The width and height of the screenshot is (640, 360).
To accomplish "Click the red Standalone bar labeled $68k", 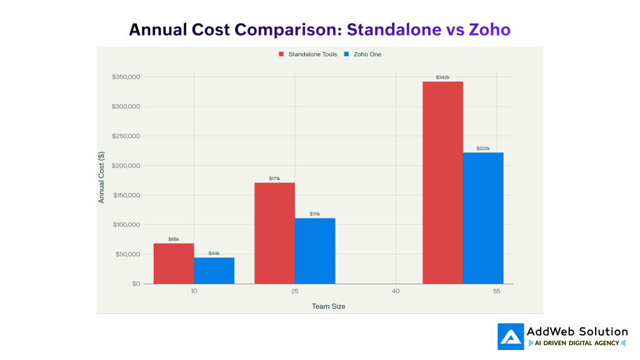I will click(173, 263).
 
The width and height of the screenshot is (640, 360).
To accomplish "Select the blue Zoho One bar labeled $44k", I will click(214, 270).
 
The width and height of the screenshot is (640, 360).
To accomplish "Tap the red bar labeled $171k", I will click(274, 232).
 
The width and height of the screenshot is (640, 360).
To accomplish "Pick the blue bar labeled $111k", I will click(315, 251).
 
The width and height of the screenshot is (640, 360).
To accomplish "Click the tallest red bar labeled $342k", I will click(442, 182).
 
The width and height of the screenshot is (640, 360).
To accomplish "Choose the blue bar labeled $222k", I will click(483, 217).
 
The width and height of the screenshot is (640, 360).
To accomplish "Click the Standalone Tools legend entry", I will click(308, 54).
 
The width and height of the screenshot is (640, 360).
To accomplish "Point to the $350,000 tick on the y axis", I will click(126, 77).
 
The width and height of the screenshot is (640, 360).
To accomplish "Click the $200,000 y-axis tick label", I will click(126, 166).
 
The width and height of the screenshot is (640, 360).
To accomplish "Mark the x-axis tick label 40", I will click(396, 292).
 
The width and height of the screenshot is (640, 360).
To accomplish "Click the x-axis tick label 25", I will click(294, 292).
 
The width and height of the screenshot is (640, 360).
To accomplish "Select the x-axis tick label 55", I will click(496, 292).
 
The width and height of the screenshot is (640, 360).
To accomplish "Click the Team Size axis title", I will click(328, 306).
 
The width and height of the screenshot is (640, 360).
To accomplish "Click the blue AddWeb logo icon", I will click(511, 337).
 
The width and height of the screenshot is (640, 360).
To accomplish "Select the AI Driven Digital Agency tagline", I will click(577, 343).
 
